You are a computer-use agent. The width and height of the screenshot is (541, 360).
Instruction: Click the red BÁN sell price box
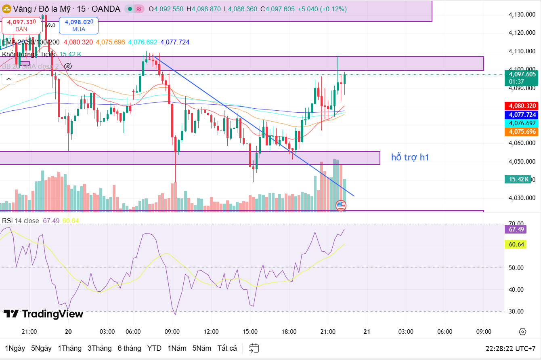(21, 25)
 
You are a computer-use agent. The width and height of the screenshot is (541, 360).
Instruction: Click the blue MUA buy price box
(79, 25)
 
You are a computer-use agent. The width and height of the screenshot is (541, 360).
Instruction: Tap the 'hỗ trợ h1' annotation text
(410, 158)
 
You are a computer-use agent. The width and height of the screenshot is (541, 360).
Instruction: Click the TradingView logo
(43, 314)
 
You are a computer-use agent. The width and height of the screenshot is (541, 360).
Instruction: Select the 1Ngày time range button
(15, 348)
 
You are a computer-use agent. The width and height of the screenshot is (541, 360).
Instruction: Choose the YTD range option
(154, 348)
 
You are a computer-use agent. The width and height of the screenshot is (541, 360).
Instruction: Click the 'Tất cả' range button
(227, 348)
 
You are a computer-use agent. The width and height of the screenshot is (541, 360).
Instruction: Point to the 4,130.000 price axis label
(522, 15)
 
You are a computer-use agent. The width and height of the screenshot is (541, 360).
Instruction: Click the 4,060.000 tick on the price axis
(522, 143)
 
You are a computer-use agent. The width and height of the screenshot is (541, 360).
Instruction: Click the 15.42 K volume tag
(517, 179)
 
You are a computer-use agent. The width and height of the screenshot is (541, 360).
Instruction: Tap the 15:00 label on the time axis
(250, 332)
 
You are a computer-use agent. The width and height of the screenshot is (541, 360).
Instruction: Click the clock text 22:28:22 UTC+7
(511, 348)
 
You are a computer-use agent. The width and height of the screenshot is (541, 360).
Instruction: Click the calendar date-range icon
(254, 348)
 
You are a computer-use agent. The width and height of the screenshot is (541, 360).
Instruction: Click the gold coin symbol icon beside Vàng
(6, 8)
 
